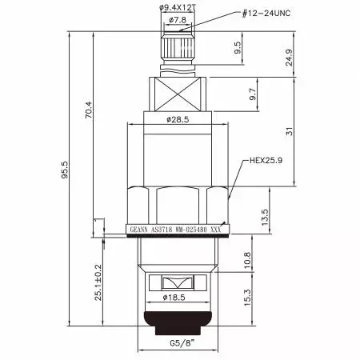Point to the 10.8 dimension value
pos(248,259)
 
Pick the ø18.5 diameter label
pos(177,297)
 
